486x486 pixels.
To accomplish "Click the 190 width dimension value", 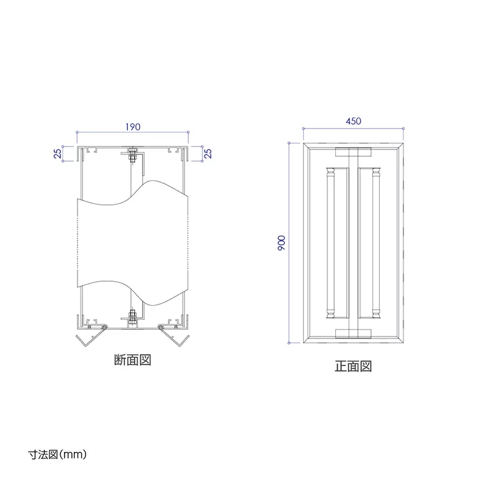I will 132,127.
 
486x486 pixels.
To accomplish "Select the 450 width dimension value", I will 353,121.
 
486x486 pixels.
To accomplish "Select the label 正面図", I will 353,367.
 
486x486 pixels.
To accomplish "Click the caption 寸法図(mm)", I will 57,455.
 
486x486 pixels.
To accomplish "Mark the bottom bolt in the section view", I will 132,317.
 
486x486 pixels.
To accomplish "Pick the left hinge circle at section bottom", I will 105,327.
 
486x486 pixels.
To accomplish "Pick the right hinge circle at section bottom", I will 161,327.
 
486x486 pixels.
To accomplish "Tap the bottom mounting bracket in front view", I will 353,333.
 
